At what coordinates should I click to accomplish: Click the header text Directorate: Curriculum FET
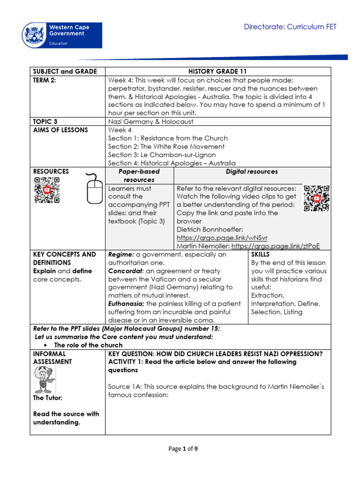coord(290,27)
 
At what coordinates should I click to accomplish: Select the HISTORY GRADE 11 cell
coord(218,71)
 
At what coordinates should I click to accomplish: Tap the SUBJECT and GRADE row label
coord(65,71)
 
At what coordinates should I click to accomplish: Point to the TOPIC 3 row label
coord(45,121)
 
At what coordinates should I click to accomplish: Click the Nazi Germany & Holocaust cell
coord(150,122)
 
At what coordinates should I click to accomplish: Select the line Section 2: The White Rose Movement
coord(166,146)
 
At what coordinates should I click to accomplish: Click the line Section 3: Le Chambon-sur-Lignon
coord(162,155)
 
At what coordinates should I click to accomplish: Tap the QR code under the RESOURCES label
coord(47,190)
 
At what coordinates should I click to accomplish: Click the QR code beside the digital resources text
coord(316,199)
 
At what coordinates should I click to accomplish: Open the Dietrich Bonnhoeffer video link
coord(222,238)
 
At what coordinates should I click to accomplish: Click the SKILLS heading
coord(261,254)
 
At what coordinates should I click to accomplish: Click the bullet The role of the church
coord(88,345)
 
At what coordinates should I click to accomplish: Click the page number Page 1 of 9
coord(183,449)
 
